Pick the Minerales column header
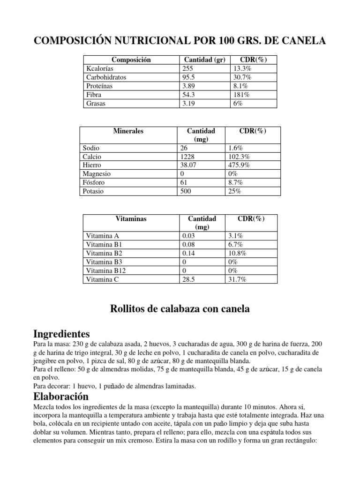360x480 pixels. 128,131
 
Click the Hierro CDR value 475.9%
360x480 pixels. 241,165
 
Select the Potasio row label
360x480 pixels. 94,191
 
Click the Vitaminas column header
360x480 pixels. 131,219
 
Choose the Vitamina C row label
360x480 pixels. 103,279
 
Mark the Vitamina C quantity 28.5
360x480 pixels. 189,279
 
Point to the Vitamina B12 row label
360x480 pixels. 106,271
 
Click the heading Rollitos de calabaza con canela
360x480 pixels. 180,309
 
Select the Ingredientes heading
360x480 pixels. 61,334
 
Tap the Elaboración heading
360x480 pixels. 61,397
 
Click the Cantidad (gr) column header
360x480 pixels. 204,60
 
